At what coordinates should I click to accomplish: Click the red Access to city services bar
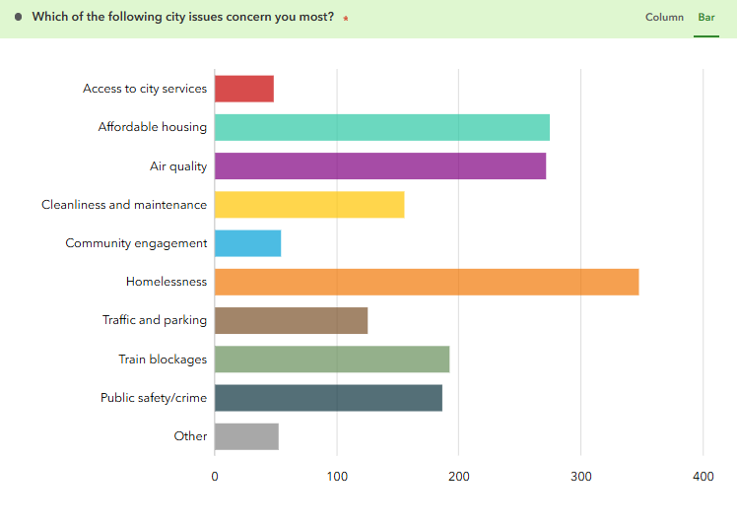click(243, 89)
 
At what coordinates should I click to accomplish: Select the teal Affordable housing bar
click(381, 127)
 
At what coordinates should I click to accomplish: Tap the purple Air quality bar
click(379, 165)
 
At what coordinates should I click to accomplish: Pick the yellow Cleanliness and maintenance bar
click(308, 205)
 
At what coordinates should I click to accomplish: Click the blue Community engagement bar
click(247, 243)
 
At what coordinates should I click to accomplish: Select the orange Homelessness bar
click(426, 282)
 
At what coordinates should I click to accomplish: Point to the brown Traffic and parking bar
click(291, 320)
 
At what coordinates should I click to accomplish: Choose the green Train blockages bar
click(331, 360)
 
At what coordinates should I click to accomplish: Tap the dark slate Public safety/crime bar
click(328, 398)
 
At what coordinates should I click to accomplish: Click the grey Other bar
click(246, 436)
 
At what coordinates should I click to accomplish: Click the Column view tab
click(664, 18)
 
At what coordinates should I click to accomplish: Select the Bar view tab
click(706, 18)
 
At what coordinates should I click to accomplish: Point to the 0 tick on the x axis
click(215, 478)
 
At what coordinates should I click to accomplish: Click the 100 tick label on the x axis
click(337, 478)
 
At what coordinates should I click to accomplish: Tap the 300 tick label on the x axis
click(580, 478)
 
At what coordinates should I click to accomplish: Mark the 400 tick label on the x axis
click(703, 478)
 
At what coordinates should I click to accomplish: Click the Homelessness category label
click(167, 282)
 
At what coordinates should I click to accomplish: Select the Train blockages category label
click(163, 360)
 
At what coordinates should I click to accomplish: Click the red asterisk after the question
click(346, 19)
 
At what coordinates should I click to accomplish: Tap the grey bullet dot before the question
click(19, 17)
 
